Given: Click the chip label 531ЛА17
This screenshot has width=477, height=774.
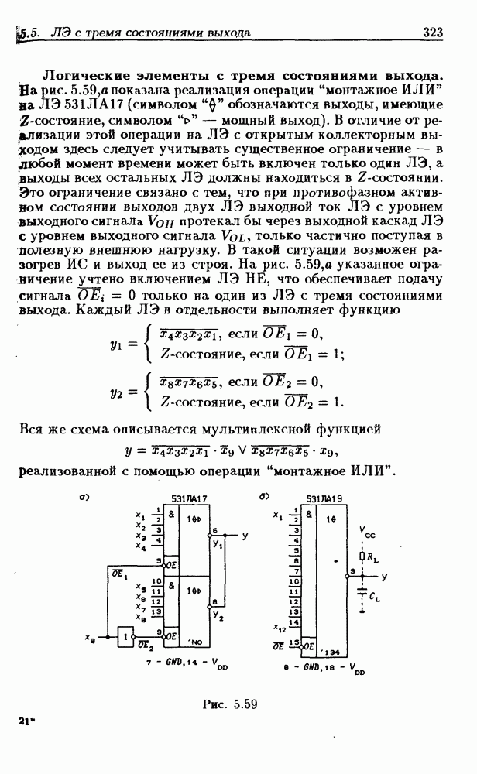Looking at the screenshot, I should [x=188, y=502].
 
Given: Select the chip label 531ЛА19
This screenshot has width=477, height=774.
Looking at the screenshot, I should [x=324, y=502].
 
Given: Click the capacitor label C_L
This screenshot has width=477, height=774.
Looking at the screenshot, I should [x=375, y=597].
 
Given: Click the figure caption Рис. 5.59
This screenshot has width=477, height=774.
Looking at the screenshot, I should [x=229, y=704].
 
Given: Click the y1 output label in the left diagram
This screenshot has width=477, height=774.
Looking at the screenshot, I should [x=218, y=545].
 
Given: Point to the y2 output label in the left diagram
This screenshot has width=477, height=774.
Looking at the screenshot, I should [x=218, y=617].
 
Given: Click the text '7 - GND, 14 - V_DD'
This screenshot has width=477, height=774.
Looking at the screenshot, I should [x=187, y=664].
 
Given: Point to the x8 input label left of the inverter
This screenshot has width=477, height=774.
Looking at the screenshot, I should [x=90, y=637].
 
